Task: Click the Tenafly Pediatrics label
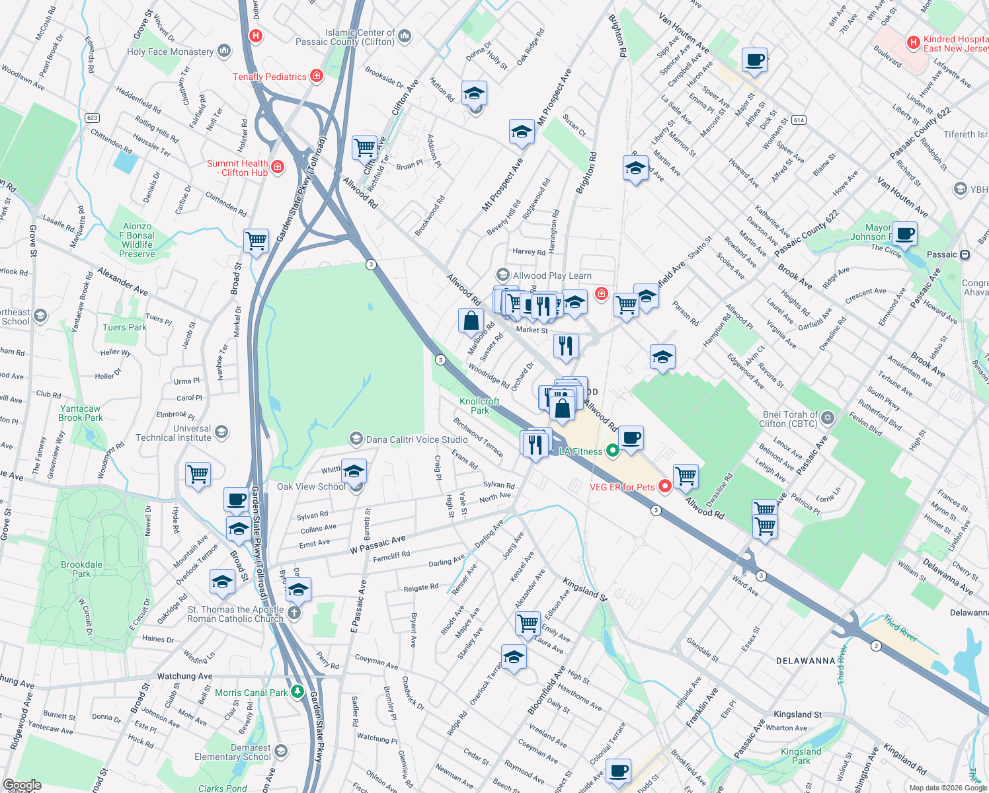tap(270, 77)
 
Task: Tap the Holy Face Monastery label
tap(171, 52)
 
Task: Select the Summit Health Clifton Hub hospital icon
tap(278, 167)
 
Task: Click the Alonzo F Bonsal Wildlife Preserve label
tap(137, 240)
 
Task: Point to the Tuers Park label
tap(124, 327)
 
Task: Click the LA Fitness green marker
tap(612, 451)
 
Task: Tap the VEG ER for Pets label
tap(622, 487)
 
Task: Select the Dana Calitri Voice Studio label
tap(416, 439)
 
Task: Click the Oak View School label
tap(311, 486)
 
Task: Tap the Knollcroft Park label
tap(479, 406)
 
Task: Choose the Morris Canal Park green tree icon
tap(297, 692)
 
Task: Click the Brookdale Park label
tap(81, 569)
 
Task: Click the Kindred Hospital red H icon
tap(914, 43)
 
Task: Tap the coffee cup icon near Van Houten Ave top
tap(754, 60)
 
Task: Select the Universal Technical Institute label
tap(173, 433)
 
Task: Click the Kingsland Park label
tap(801, 756)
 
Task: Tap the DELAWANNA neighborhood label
tap(805, 661)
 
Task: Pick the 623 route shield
tap(92, 118)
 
